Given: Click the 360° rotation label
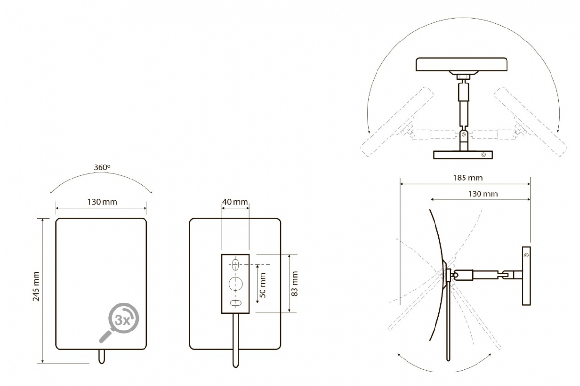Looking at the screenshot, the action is click(102, 167).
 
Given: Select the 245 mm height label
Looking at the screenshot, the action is click(36, 286).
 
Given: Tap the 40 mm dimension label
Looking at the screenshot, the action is click(235, 202).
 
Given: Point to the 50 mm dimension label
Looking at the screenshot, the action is click(262, 285).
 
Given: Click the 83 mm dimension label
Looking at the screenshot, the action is click(295, 284).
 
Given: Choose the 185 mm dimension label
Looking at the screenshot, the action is click(468, 178).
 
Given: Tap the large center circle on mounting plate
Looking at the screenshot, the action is click(236, 284).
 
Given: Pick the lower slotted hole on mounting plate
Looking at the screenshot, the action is click(236, 303).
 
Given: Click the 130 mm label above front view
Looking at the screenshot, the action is click(102, 202).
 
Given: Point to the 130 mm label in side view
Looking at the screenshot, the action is click(483, 194).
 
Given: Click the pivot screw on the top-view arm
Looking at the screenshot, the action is click(464, 135).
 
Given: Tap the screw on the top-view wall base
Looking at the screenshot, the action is click(483, 155).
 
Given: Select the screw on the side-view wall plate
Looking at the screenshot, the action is click(526, 255).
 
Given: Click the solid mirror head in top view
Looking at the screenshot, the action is click(462, 64).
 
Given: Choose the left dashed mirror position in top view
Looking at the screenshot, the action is click(397, 122).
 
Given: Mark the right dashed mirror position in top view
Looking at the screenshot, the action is click(530, 122).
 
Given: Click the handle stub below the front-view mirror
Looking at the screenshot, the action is click(101, 357).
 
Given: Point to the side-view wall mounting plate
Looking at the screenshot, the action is click(526, 276).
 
